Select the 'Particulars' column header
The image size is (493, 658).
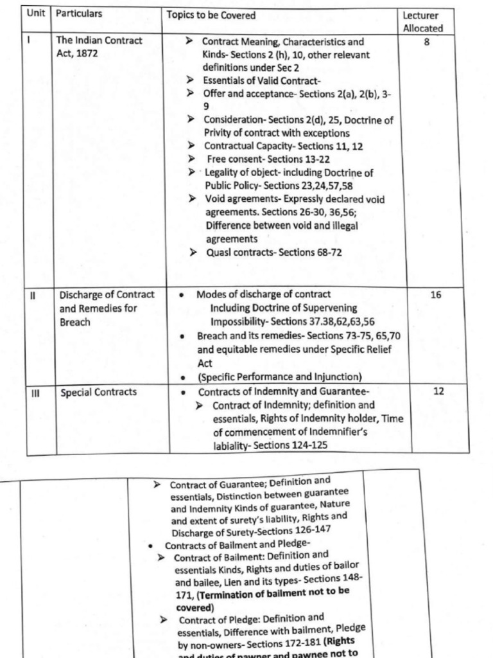[x=79, y=13]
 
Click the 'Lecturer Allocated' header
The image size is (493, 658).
[x=423, y=22]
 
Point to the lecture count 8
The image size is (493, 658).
[x=427, y=42]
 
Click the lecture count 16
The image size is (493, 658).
[x=436, y=296]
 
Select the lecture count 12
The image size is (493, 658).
[x=438, y=391]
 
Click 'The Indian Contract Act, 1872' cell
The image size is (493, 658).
[x=99, y=47]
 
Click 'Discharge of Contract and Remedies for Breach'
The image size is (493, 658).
[x=107, y=308]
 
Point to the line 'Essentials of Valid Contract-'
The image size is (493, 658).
[x=262, y=81]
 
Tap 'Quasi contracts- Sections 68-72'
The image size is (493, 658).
[x=274, y=253]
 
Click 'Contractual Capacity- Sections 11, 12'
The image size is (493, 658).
[x=283, y=147]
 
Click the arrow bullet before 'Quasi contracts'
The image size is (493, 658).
[x=193, y=253]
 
